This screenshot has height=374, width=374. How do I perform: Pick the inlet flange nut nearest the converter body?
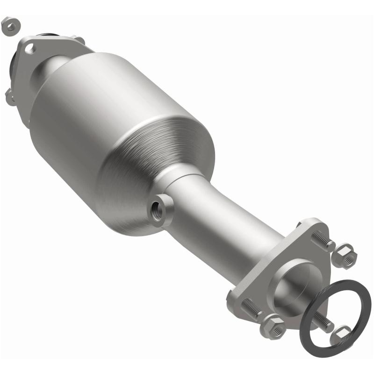coord(79,40)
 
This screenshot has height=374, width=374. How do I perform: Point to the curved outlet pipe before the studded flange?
coord(234,234)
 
